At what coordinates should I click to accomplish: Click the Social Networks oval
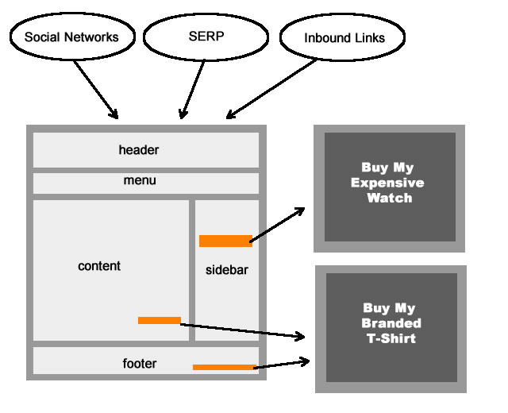coord(71,37)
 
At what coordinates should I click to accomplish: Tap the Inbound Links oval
coord(333,37)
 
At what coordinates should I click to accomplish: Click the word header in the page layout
coord(139,150)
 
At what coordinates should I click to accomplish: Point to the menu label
coord(140,180)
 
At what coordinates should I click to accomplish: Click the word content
coord(99,266)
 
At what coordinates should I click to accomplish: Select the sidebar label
coord(227,270)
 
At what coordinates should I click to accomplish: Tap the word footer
coord(140,364)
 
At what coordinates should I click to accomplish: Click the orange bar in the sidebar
coord(225,241)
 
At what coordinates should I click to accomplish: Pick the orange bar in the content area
coord(160,320)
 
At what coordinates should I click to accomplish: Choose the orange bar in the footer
coord(224,367)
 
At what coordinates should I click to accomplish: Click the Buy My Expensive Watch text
coord(388,183)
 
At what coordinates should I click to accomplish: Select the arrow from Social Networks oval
coord(97,88)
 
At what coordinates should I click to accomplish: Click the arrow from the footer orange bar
coord(283,364)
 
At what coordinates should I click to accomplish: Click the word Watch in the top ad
coord(389,198)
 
